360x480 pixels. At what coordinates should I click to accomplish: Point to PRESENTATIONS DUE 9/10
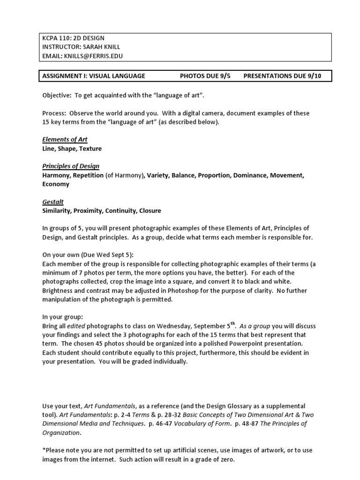click(x=283, y=76)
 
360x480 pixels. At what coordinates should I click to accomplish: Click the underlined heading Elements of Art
click(x=65, y=140)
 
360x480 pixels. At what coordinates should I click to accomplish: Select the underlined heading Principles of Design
click(x=71, y=166)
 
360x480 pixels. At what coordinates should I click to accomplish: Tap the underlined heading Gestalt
click(x=53, y=202)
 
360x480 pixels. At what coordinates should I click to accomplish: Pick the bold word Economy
click(x=56, y=184)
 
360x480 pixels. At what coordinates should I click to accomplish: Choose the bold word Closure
click(x=150, y=211)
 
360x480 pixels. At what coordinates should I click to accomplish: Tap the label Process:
click(x=55, y=113)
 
